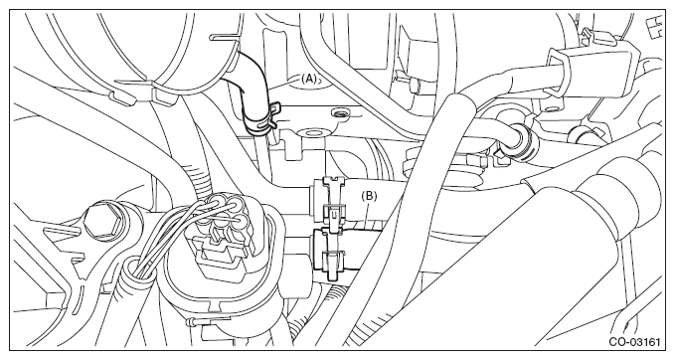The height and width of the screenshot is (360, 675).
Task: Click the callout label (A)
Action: pos(308,79)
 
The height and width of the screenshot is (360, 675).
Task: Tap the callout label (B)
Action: pos(369,196)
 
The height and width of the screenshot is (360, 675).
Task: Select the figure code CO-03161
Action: pos(634,342)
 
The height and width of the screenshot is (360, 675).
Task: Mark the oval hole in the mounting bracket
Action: pos(312,132)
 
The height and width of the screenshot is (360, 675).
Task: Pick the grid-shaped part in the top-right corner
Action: pos(656,27)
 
